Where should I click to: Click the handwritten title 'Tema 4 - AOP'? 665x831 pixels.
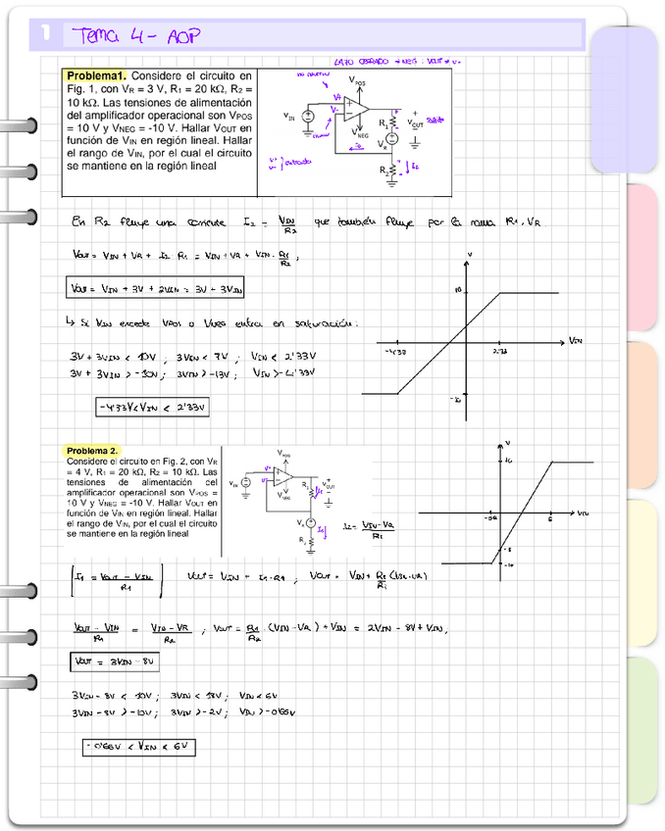(136, 36)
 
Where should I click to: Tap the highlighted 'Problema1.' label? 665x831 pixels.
(95, 76)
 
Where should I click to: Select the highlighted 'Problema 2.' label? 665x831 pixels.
(92, 451)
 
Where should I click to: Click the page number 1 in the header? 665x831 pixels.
(46, 35)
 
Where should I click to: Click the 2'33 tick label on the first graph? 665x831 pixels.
(499, 350)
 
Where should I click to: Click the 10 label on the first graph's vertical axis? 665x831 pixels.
(457, 291)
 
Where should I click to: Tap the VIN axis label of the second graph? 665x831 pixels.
(583, 513)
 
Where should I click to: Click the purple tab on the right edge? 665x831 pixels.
(628, 98)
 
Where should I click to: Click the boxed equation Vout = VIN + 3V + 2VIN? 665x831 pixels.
(157, 289)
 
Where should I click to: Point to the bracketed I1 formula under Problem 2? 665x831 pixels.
(116, 581)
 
